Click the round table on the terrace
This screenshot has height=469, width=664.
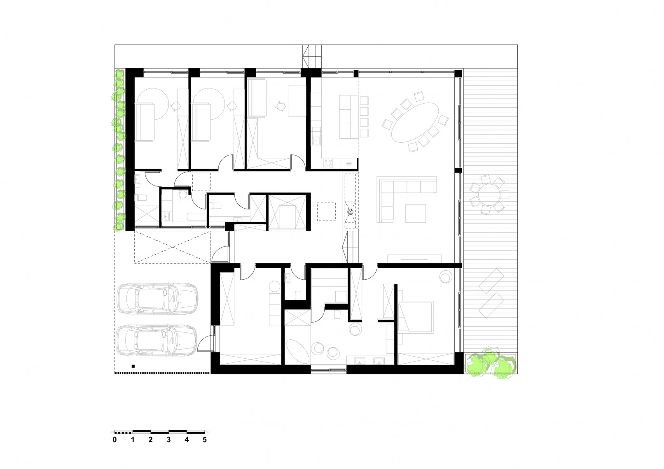(489, 195)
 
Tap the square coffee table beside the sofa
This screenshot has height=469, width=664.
(416, 213)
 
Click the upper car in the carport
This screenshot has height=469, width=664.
(157, 298)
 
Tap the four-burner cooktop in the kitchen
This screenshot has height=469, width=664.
(328, 163)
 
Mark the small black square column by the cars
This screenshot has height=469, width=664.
(133, 366)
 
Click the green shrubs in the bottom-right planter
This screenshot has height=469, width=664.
(491, 363)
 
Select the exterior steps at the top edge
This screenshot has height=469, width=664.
(312, 56)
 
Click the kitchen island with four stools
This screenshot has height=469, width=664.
(349, 117)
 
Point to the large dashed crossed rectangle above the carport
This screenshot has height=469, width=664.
(173, 247)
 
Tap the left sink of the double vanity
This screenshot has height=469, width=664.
(359, 361)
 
